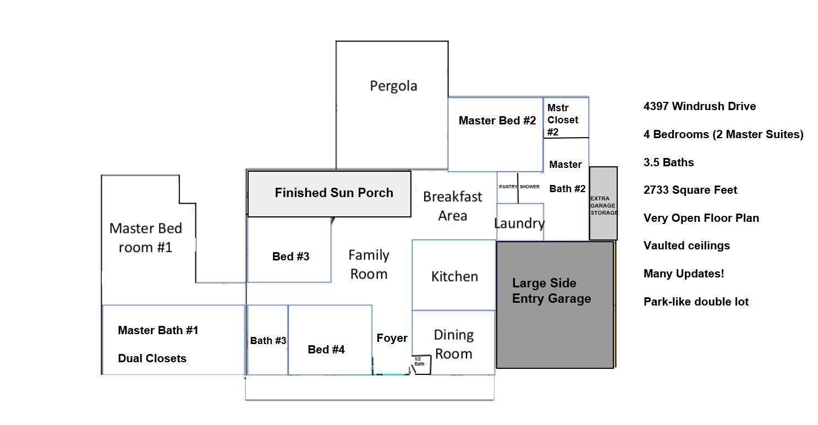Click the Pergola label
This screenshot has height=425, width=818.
coord(393,86)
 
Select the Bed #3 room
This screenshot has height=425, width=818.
coord(290,257)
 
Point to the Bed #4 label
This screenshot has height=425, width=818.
coord(326,350)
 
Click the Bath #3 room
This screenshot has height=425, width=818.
coord(268,341)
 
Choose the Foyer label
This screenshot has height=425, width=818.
coord(392,338)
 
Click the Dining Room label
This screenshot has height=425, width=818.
coord(453,344)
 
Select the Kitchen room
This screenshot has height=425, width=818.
coord(454,276)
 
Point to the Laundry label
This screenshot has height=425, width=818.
coord(519,224)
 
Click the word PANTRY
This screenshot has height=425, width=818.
coord(508,187)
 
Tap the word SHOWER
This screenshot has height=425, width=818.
coord(530,187)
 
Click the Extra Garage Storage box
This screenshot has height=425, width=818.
coord(603,205)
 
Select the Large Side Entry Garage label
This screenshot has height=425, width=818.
coord(551,291)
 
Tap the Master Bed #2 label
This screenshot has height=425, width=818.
coord(497,121)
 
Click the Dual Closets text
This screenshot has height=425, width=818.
coord(152,358)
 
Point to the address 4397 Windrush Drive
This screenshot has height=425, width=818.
coord(699,106)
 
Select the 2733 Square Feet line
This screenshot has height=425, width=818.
coord(690,190)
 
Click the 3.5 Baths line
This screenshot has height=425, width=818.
coord(668,162)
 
